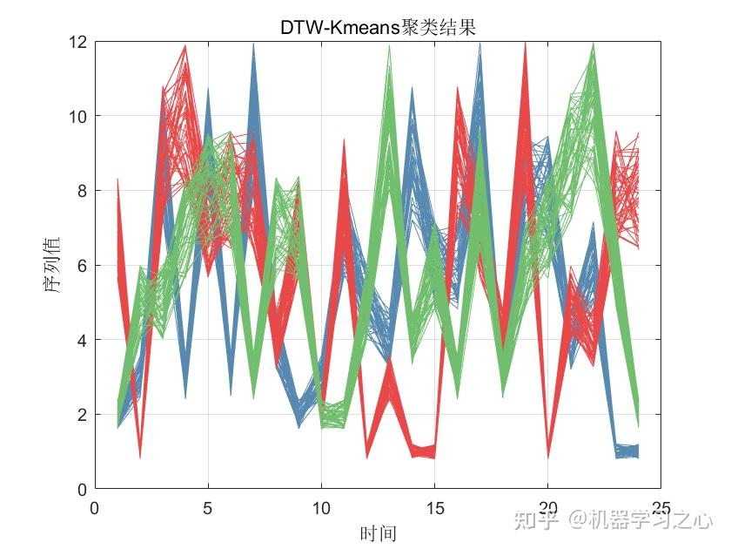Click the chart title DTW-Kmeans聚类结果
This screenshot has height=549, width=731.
tap(378, 27)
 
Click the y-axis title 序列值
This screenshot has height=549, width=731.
tap(55, 266)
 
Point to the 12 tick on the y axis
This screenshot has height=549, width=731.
tap(77, 42)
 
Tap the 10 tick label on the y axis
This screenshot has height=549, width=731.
tap(77, 116)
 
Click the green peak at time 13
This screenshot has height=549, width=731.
tap(389, 49)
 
